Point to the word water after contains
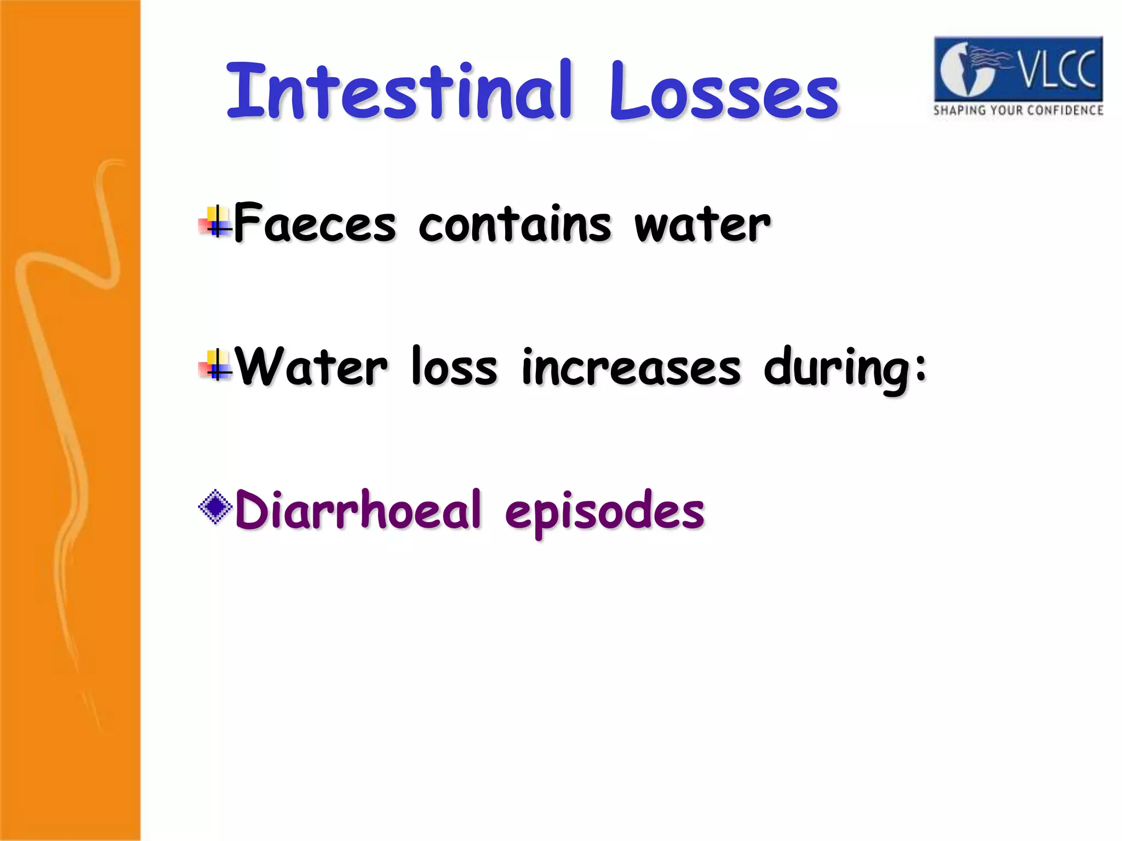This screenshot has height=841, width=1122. [x=702, y=224]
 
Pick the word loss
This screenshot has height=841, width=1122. [x=454, y=366]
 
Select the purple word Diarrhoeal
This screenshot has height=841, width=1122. [x=358, y=510]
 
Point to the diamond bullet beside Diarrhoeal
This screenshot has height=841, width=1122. [x=215, y=507]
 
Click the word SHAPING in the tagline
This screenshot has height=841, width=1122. [x=955, y=111]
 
